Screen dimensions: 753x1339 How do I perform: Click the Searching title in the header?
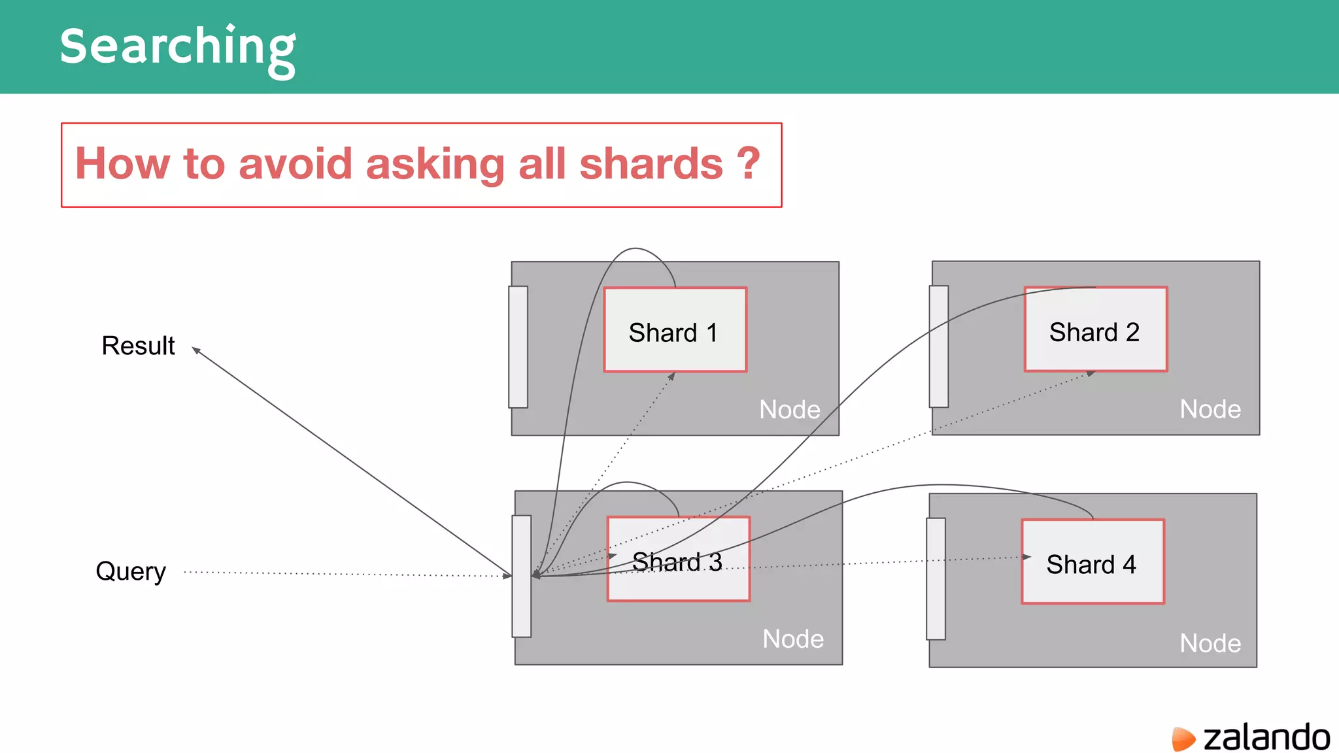coord(178,47)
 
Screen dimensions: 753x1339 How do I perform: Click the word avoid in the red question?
coord(296,163)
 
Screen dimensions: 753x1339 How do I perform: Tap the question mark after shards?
coord(748,163)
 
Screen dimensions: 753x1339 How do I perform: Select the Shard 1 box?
coord(675,330)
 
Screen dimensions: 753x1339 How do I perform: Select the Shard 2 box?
coord(1096,329)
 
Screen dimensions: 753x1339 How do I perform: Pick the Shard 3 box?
coord(678,560)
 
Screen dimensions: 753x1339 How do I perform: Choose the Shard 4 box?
coord(1093,562)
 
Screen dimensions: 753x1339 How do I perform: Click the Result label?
coord(138,346)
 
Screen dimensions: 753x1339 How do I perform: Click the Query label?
coord(131,571)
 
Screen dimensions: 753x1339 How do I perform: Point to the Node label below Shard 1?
coord(789,410)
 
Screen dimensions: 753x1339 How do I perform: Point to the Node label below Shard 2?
coord(1210,409)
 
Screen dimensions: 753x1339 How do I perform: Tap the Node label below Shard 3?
coord(793,639)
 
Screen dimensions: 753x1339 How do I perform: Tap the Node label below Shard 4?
coord(1210,643)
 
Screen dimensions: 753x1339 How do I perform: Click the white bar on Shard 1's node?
coord(518,347)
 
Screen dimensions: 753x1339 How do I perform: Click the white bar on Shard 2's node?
coord(939,346)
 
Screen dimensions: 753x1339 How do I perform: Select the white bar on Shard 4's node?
coord(936,579)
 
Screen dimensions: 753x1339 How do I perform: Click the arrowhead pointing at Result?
coord(196,351)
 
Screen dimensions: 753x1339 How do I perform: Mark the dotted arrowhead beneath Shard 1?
coord(671,376)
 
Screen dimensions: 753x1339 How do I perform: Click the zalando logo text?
coord(1266,738)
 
